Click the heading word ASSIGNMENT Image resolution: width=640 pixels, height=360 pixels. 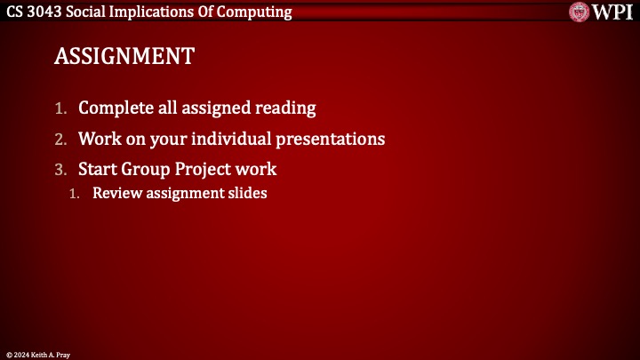[124, 56]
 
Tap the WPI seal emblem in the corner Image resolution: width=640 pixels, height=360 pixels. [580, 12]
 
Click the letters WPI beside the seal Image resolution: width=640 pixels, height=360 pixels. [612, 12]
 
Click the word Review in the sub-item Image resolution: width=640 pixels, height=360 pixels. [116, 192]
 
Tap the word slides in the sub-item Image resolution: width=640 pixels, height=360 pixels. [246, 192]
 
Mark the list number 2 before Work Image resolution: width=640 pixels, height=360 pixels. [60, 140]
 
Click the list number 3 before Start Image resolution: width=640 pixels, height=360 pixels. [60, 169]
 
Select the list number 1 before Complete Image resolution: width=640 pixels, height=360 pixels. [60, 108]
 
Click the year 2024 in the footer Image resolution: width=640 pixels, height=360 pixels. [21, 354]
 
